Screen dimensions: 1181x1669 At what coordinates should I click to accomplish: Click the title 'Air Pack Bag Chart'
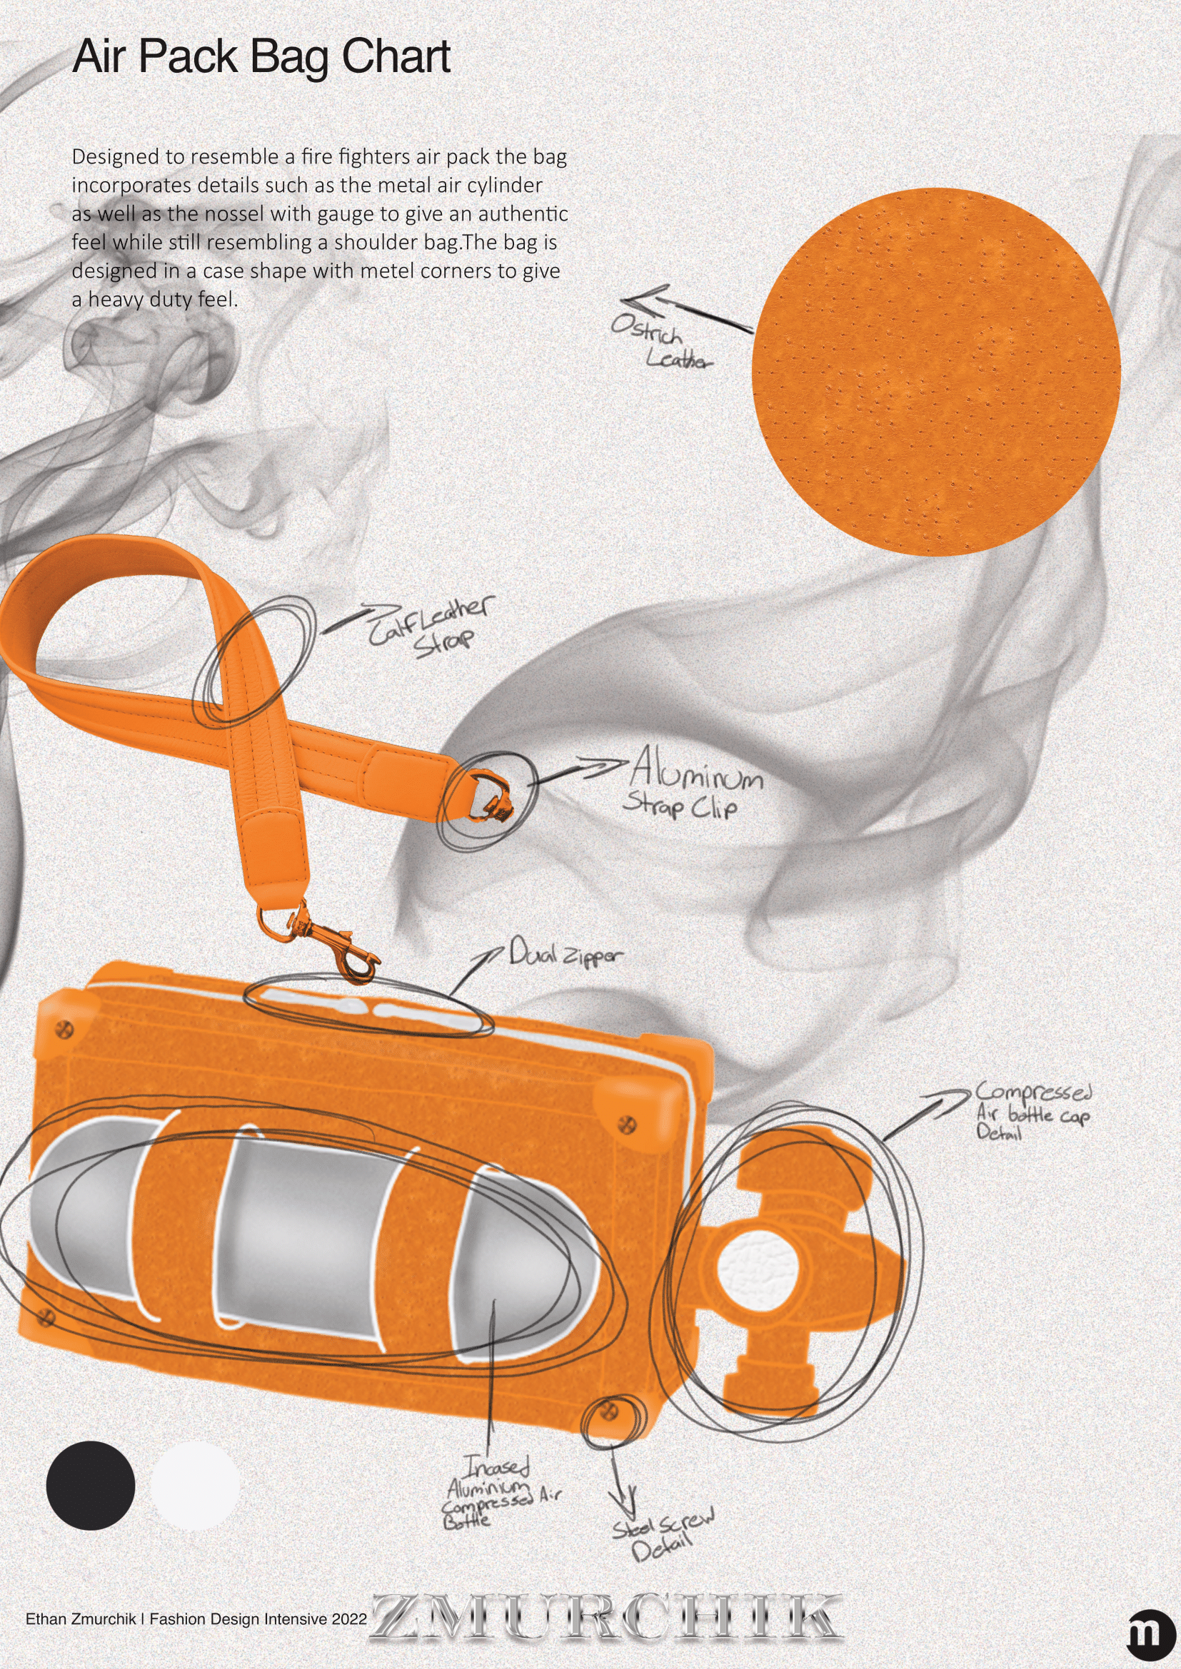tap(261, 57)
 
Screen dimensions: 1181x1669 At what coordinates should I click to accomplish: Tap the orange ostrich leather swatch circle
tap(935, 372)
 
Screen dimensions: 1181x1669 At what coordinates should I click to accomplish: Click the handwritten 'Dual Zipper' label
tap(566, 953)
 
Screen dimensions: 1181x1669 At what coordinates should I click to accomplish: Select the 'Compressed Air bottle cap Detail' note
tap(1032, 1112)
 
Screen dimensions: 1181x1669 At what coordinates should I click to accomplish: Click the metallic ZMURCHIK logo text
tap(607, 1618)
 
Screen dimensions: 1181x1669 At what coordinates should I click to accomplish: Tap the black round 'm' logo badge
tap(1150, 1633)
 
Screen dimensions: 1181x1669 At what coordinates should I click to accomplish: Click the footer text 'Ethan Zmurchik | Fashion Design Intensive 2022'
tap(196, 1619)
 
